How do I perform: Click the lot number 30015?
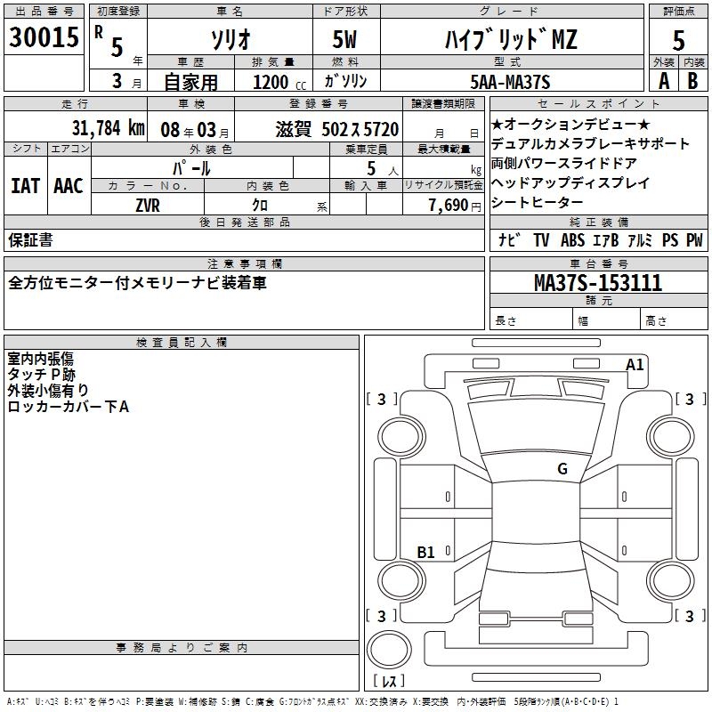44,38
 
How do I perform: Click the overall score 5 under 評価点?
678,40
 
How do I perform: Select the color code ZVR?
148,204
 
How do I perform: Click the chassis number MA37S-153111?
597,284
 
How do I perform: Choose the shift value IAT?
25,185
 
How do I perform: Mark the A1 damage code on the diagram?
635,364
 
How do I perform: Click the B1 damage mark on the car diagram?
425,553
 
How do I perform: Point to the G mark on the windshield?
562,468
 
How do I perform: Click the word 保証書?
30,239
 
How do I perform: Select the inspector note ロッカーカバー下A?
69,407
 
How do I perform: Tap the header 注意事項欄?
244,263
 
